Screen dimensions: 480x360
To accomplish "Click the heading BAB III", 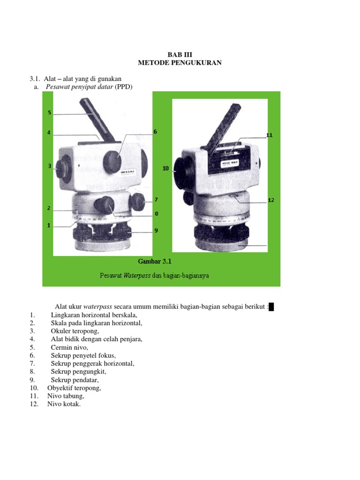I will [x=180, y=54].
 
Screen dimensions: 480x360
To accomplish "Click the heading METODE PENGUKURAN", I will [x=180, y=63].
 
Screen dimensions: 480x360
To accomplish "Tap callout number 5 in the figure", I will [x=49, y=112].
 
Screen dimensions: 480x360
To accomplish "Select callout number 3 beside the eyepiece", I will [x=49, y=166].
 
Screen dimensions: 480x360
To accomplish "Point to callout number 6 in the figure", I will [x=155, y=132].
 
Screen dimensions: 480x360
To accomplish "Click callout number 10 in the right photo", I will [x=165, y=168].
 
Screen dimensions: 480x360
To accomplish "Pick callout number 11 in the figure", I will [x=269, y=135].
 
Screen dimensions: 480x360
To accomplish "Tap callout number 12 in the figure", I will [x=271, y=200].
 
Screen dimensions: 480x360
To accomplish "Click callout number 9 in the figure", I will [x=156, y=230].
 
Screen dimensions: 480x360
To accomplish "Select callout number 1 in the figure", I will [x=49, y=225].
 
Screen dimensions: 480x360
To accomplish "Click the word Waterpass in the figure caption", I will [x=135, y=276].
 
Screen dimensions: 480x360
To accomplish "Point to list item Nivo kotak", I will [x=64, y=404].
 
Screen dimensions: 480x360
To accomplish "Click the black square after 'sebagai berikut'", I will [x=271, y=307].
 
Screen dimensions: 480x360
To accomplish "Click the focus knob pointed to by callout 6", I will [x=112, y=161].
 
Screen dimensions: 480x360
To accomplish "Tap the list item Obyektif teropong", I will [x=74, y=388].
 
